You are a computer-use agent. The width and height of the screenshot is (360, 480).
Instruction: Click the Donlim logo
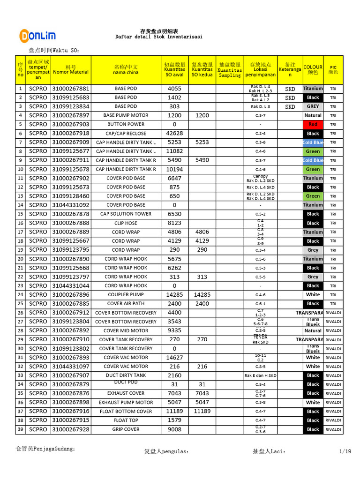37,36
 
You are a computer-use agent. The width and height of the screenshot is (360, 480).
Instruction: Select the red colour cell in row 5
313,125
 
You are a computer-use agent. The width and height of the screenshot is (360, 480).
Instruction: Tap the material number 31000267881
70,89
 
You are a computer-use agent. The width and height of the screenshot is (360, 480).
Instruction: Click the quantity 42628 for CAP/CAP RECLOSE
175,134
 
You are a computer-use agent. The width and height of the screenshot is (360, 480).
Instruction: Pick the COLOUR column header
313,70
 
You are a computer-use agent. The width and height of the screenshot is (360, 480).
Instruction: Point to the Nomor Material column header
70,70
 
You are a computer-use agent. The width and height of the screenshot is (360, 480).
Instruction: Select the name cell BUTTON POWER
126,125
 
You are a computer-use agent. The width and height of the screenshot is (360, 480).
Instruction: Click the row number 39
20,429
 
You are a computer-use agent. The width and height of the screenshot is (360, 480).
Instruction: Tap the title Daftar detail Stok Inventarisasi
159,37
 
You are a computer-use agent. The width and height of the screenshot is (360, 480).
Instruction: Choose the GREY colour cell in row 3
313,106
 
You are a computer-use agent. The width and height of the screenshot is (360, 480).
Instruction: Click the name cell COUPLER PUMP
126,295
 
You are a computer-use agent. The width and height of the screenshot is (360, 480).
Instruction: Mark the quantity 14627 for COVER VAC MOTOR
175,358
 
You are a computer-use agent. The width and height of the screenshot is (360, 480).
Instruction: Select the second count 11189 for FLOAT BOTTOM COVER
202,412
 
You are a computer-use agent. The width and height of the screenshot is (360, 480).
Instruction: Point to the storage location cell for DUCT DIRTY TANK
260,375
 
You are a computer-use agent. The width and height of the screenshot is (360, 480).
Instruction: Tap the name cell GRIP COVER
126,429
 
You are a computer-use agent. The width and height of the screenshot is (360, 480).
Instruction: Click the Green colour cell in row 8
313,151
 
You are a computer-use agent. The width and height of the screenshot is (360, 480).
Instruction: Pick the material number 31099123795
70,250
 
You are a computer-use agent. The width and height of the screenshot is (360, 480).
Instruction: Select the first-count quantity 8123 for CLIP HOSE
175,223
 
